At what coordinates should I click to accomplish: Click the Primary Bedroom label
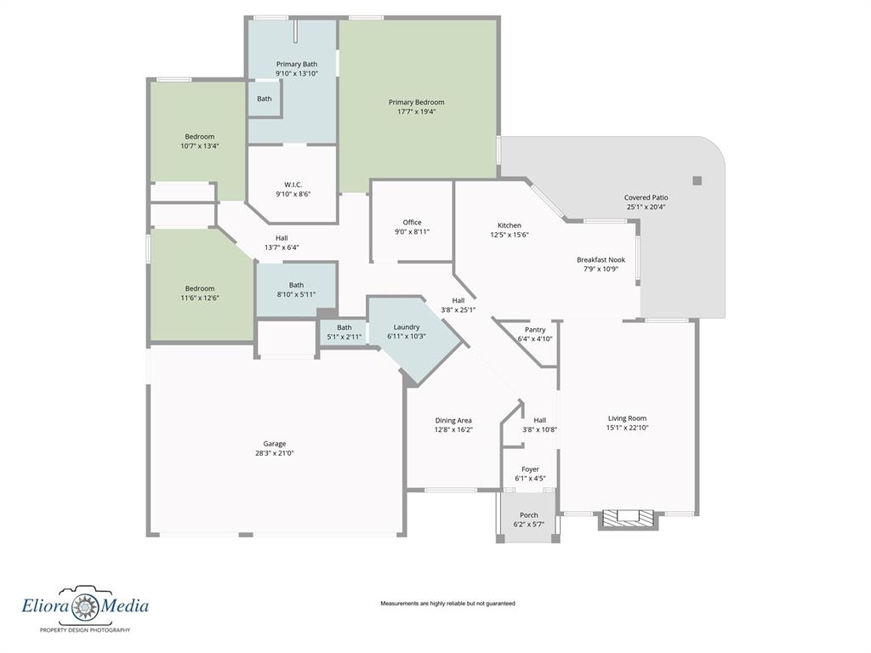click(416, 102)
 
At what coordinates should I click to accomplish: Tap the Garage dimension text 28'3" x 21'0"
click(275, 453)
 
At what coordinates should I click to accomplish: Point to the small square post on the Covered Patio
click(697, 180)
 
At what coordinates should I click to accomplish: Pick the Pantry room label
click(535, 330)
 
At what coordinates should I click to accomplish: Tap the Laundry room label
click(407, 327)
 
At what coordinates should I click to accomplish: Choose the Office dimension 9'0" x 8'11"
click(413, 231)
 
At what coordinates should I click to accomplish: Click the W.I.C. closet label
click(293, 185)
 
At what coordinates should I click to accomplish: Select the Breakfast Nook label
click(601, 260)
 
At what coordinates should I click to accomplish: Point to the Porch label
click(529, 515)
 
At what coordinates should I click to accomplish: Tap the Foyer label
click(530, 469)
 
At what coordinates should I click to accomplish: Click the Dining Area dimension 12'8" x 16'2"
click(453, 429)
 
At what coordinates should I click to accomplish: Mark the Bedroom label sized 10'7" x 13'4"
click(199, 137)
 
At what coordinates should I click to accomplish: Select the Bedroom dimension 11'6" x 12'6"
click(199, 298)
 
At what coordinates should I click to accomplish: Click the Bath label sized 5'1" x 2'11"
click(344, 327)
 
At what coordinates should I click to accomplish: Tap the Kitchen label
click(510, 225)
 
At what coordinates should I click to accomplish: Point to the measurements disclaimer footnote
click(447, 604)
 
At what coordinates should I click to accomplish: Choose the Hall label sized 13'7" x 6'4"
click(282, 238)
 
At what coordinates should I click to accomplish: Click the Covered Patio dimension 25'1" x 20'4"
click(646, 207)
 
